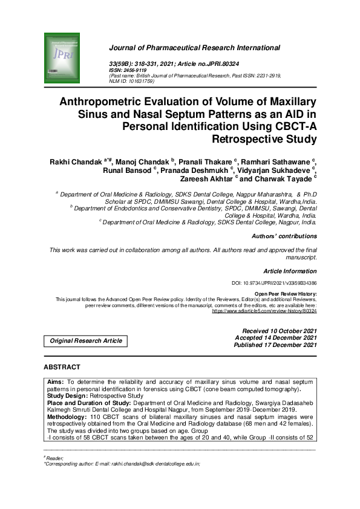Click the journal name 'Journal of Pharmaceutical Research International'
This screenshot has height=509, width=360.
[x=194, y=48]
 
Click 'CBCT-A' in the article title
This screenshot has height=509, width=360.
[x=295, y=127]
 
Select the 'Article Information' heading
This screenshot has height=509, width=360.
[x=290, y=271]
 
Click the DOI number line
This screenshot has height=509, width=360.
[x=274, y=283]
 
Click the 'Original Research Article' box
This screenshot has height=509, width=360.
[x=85, y=340]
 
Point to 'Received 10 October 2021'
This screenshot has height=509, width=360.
[x=279, y=331]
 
